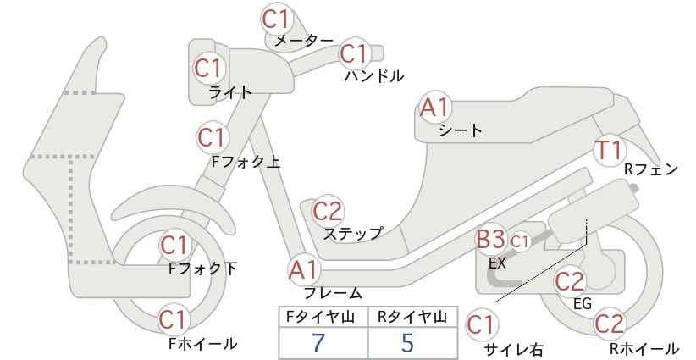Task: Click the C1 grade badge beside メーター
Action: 276,19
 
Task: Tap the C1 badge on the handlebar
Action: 354,53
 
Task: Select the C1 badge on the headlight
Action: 208,69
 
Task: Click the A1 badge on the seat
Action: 435,108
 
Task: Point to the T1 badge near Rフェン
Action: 610,151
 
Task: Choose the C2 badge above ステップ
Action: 328,211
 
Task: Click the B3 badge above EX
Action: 490,241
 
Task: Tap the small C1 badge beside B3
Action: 520,242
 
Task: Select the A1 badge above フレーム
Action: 304,270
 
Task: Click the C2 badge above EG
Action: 570,281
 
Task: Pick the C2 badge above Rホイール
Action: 609,324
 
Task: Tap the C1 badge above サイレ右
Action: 481,325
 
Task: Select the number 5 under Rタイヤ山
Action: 408,343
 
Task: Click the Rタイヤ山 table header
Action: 412,317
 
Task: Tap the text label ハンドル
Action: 374,76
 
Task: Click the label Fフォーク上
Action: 246,162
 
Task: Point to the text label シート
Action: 461,130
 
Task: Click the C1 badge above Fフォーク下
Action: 175,245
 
